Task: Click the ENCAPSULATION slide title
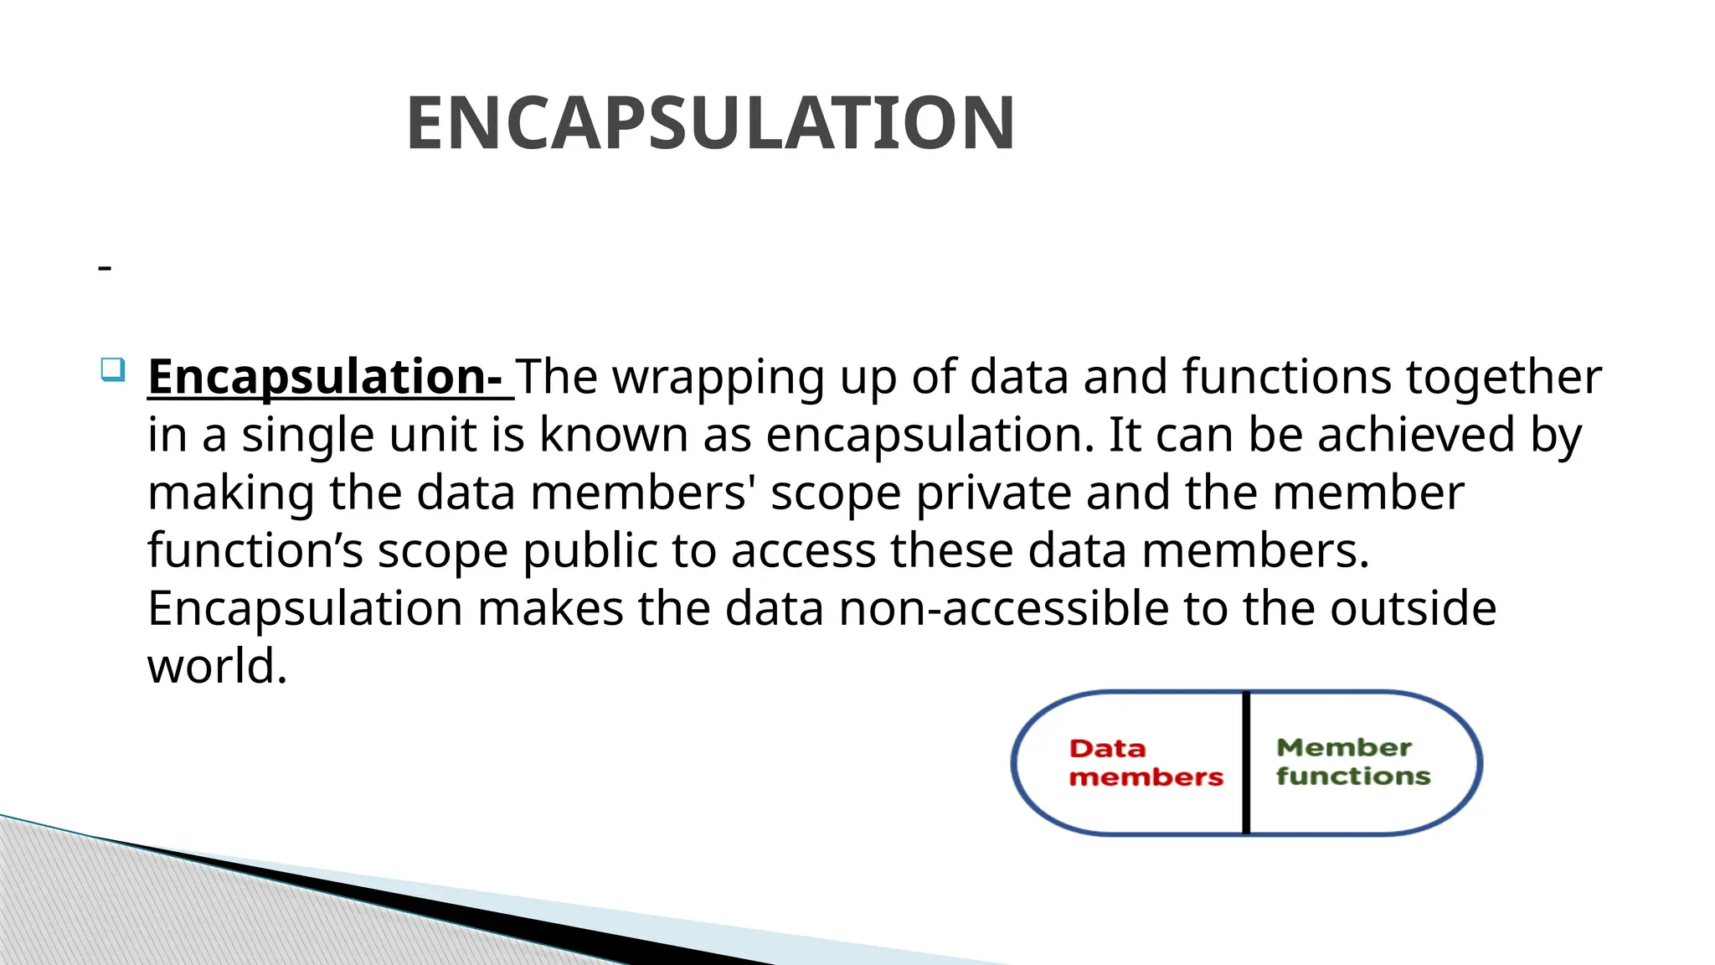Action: pyautogui.click(x=710, y=124)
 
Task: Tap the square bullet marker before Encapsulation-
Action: pyautogui.click(x=113, y=369)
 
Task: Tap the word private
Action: pyautogui.click(x=992, y=494)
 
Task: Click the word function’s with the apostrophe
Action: pyautogui.click(x=255, y=552)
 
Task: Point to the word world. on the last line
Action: pyautogui.click(x=217, y=667)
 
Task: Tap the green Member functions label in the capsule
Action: pyautogui.click(x=1352, y=762)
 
